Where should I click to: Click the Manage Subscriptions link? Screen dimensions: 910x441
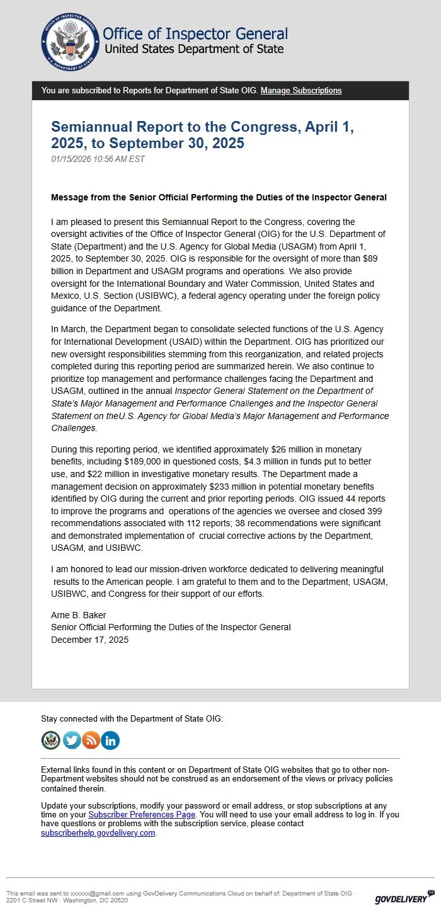click(301, 91)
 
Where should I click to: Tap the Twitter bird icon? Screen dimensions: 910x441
click(72, 740)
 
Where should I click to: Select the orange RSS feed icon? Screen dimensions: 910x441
click(91, 740)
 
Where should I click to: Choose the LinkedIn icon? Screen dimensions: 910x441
click(110, 740)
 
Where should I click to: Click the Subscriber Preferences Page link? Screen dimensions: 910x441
click(142, 815)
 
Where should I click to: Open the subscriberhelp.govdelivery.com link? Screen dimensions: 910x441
click(98, 832)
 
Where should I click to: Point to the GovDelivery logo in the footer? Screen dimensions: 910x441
click(404, 899)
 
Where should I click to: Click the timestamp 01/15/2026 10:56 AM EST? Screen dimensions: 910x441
click(98, 159)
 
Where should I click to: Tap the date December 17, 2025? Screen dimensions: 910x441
click(89, 640)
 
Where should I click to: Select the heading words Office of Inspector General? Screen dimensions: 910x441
click(195, 34)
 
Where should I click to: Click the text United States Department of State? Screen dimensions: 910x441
click(193, 49)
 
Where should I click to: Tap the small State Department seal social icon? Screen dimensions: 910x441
click(51, 740)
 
